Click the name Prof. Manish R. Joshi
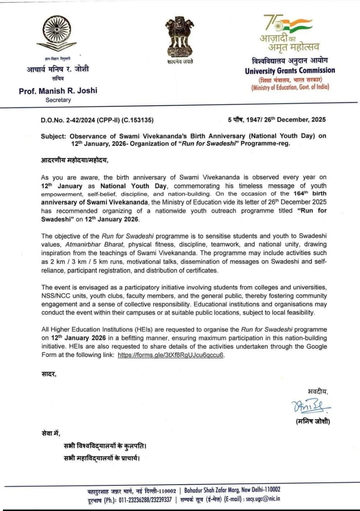pos(58,91)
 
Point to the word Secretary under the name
pos(58,100)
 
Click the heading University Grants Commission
pos(290,71)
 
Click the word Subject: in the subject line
pos(53,136)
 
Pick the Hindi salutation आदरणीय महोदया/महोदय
pos(74,160)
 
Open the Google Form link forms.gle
pos(170,355)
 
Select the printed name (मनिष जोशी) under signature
pos(313,421)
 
